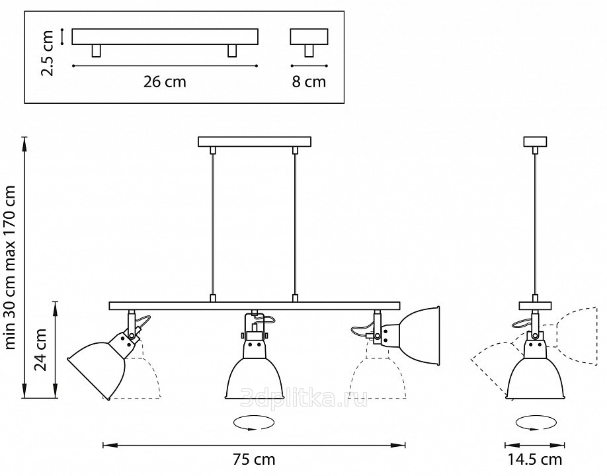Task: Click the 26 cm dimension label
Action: (165, 82)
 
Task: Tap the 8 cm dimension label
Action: (309, 82)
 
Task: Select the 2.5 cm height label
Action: (47, 53)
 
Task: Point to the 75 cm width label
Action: (254, 459)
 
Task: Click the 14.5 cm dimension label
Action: (535, 459)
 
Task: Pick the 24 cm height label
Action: (40, 350)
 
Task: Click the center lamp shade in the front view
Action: (254, 377)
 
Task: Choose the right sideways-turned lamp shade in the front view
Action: (421, 336)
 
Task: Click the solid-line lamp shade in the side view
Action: (535, 377)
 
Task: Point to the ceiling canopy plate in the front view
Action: (255, 141)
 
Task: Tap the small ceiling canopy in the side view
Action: (535, 141)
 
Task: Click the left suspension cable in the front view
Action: (212, 225)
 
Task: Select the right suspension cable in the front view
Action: (295, 225)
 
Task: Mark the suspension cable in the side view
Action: (535, 225)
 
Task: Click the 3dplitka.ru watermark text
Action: (304, 398)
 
